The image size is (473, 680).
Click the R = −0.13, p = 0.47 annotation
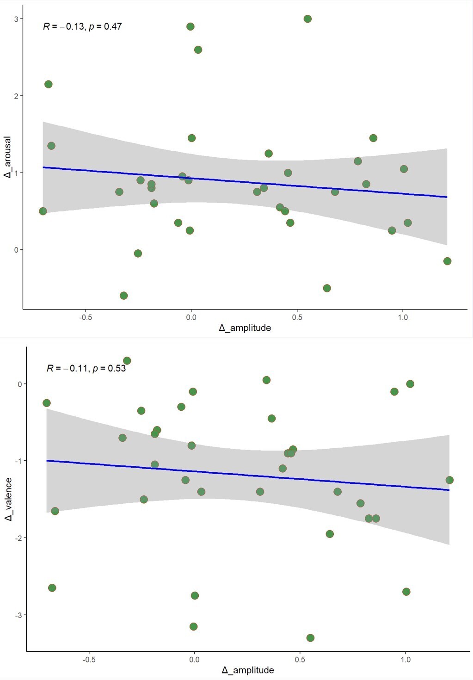82,26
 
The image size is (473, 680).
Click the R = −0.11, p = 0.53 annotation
86,368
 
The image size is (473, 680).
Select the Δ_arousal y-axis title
7,157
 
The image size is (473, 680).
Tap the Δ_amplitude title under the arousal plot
245,328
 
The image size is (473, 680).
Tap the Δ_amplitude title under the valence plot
248,670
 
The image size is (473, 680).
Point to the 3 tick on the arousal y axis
16,19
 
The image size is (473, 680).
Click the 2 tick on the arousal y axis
16,96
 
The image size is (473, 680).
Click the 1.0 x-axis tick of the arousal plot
403,317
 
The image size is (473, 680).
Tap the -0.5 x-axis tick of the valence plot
89,660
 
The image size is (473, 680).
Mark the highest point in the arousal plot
307,19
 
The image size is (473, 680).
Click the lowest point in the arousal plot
123,296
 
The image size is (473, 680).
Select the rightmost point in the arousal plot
447,261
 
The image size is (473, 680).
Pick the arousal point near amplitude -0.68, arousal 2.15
48,84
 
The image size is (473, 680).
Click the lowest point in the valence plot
310,638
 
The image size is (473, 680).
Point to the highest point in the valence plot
127,361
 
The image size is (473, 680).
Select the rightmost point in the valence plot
449,480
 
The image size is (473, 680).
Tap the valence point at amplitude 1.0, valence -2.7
406,592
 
